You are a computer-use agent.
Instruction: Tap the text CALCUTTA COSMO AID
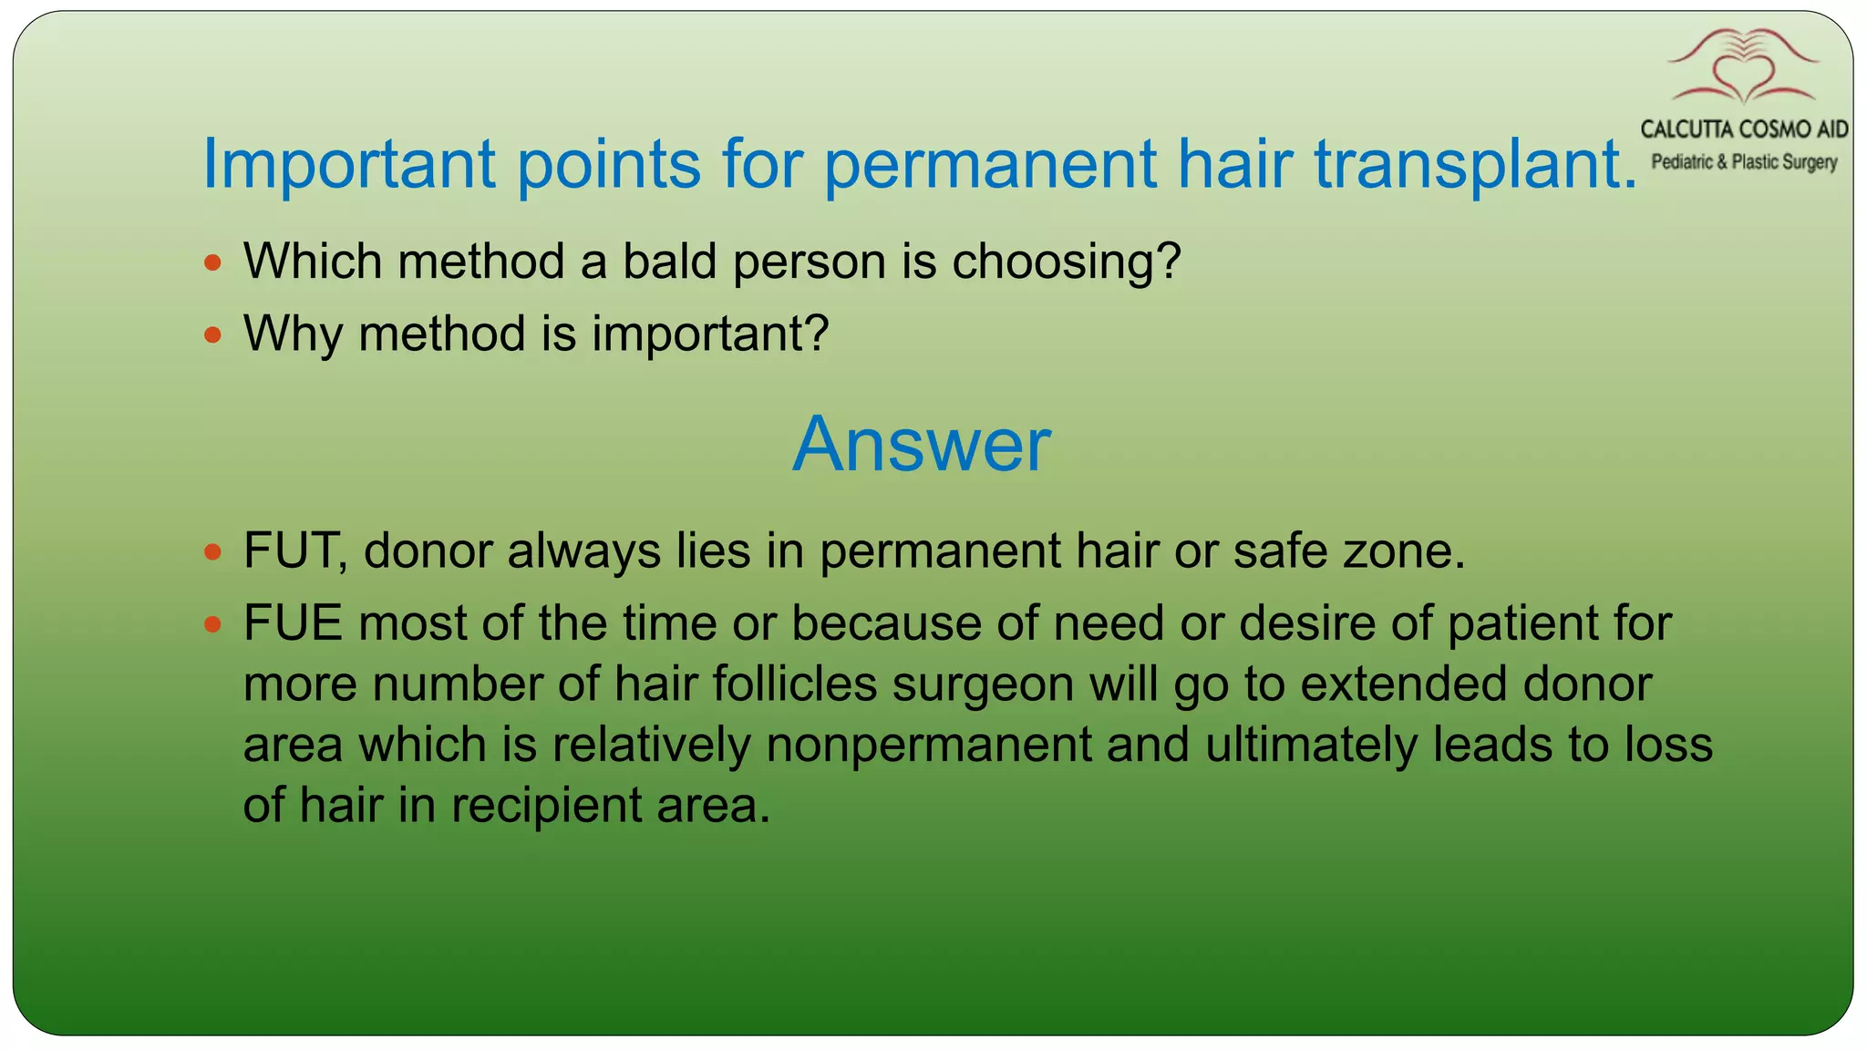(x=1744, y=129)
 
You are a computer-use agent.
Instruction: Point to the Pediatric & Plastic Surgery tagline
(x=1744, y=162)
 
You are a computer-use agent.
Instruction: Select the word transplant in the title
(x=1468, y=164)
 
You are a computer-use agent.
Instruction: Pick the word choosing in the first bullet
(x=1065, y=262)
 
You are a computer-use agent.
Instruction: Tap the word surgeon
(x=983, y=685)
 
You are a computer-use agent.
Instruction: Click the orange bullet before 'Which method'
(x=213, y=263)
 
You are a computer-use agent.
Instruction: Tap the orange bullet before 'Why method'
(x=213, y=335)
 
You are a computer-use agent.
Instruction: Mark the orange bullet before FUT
(x=213, y=552)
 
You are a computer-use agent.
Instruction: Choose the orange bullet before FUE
(x=213, y=624)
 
